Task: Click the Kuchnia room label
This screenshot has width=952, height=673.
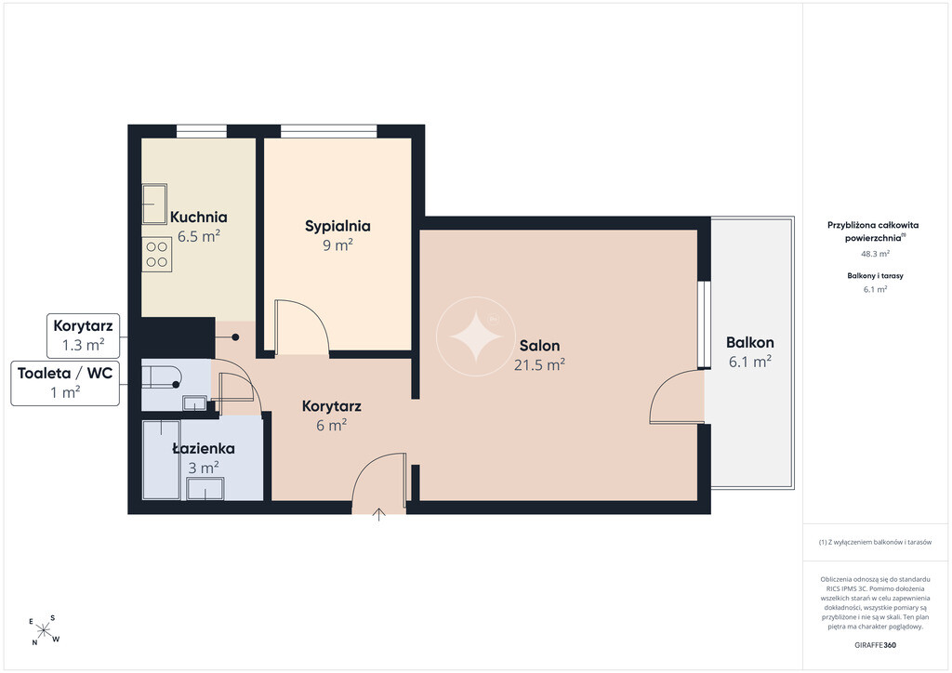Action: (199, 217)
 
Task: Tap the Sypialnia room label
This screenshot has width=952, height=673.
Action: (337, 227)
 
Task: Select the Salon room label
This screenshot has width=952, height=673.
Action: (540, 346)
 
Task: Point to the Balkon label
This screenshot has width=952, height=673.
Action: (750, 342)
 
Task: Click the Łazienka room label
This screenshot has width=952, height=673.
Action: (204, 448)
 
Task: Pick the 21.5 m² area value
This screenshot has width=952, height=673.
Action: (540, 364)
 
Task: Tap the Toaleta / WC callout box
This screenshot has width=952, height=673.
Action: (65, 383)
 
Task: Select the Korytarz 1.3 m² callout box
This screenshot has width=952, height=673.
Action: (83, 336)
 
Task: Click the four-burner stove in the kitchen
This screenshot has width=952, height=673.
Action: (156, 255)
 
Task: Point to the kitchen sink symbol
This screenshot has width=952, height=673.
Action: (154, 204)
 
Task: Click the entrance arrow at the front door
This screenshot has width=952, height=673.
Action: (379, 515)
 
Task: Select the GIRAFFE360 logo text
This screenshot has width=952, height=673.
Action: (875, 645)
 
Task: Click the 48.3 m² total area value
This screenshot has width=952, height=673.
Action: (875, 255)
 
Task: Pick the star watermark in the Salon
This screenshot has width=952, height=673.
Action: (475, 336)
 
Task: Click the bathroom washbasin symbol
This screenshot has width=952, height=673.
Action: (205, 489)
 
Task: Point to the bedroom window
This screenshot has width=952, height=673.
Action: (329, 131)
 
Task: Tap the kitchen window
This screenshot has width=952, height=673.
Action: (202, 131)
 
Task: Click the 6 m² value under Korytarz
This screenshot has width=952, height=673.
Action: (331, 426)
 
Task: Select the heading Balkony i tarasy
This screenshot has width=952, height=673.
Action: (875, 275)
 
